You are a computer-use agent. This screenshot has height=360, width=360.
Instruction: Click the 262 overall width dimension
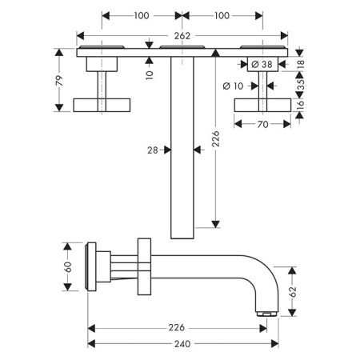182,36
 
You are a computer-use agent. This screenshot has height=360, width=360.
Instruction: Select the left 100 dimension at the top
142,15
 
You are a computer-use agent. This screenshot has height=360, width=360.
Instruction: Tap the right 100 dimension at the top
222,15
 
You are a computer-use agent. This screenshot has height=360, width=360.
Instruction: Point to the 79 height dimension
59,81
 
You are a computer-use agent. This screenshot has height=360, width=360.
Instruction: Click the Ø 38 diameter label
262,64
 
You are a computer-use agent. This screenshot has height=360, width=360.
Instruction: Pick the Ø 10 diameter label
233,86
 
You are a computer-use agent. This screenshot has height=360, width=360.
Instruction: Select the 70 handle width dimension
262,124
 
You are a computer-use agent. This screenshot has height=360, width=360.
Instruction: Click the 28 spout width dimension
153,150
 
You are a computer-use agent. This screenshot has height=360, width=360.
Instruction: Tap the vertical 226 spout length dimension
215,138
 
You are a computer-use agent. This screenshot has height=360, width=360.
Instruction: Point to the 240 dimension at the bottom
182,344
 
